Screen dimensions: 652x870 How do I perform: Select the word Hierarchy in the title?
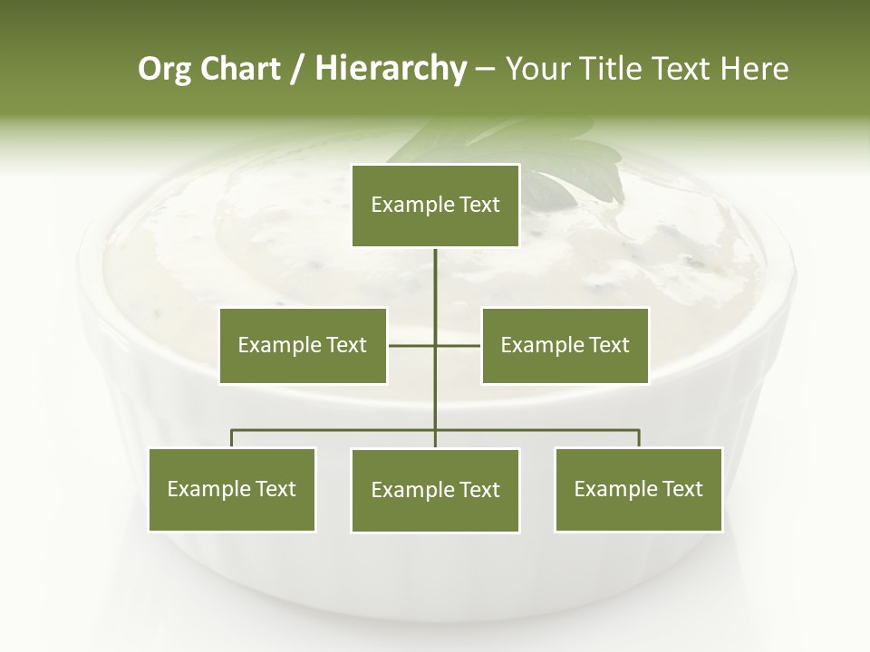391,69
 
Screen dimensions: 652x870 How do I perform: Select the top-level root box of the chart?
435,206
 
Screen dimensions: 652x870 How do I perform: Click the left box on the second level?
303,345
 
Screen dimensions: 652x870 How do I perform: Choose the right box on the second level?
565,345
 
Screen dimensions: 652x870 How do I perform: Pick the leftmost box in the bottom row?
232,489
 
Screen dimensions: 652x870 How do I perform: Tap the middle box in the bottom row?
435,490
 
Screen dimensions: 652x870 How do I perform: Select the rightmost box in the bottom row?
638,489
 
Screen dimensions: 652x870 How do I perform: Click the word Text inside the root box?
478,206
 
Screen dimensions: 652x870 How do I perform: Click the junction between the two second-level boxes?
435,345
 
